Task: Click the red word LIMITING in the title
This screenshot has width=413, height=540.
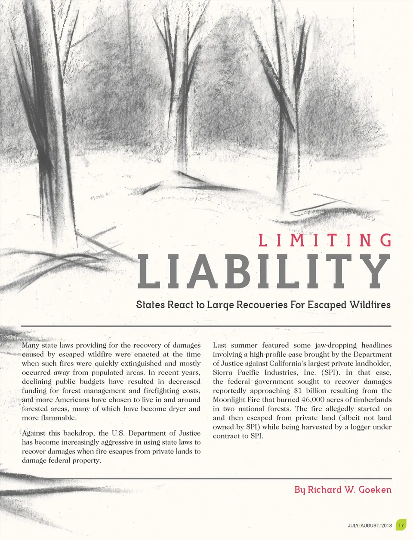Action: pyautogui.click(x=325, y=240)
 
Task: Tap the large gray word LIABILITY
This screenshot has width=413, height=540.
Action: pyautogui.click(x=263, y=272)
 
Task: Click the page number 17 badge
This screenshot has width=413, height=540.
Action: pyautogui.click(x=401, y=525)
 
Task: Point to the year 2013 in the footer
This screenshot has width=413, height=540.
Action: pyautogui.click(x=386, y=525)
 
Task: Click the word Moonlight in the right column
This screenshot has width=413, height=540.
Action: pyautogui.click(x=229, y=400)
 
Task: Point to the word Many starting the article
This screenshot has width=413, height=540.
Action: pyautogui.click(x=30, y=345)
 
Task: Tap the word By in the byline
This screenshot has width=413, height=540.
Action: pyautogui.click(x=300, y=490)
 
